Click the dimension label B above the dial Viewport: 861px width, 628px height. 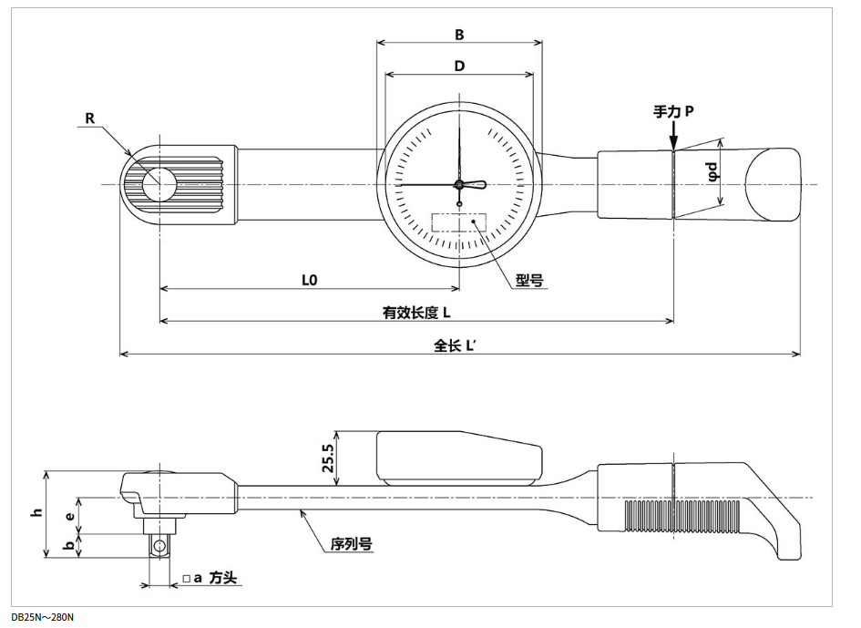pyautogui.click(x=460, y=35)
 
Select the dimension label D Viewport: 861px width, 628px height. pyautogui.click(x=460, y=66)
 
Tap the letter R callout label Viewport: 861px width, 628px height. pyautogui.click(x=89, y=118)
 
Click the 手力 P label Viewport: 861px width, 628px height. pyautogui.click(x=673, y=111)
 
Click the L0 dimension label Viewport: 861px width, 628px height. pyautogui.click(x=309, y=281)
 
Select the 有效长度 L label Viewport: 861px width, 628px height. pyautogui.click(x=417, y=313)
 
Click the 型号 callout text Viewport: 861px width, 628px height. pyautogui.click(x=529, y=281)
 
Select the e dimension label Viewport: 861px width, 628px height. pyautogui.click(x=70, y=515)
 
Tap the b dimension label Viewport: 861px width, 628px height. pyautogui.click(x=70, y=545)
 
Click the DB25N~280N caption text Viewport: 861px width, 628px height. pyautogui.click(x=43, y=618)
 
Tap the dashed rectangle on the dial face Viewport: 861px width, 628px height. pyautogui.click(x=459, y=223)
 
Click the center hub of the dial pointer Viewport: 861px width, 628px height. pyautogui.click(x=459, y=185)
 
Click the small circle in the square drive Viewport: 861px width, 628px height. pyautogui.click(x=160, y=547)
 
